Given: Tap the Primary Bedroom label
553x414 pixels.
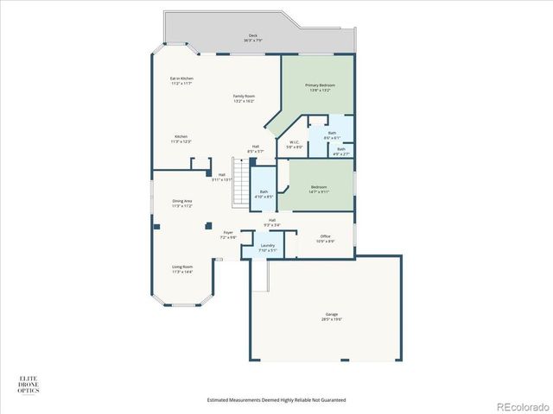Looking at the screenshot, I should click(320, 87).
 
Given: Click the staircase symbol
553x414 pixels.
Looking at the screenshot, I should click(241, 181).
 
